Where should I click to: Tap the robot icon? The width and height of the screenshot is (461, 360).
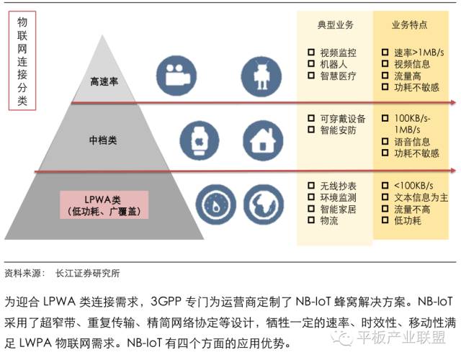coord(259,74)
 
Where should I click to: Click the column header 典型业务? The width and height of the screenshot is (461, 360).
coord(336,25)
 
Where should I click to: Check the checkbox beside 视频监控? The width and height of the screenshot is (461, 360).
coord(310,53)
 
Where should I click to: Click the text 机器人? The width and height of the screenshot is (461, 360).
coord(334,64)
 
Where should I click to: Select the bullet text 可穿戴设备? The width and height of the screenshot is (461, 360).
coord(343,119)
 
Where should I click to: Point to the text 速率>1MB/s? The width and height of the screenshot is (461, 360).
coord(421,53)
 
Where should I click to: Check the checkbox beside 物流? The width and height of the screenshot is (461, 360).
coord(310,220)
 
